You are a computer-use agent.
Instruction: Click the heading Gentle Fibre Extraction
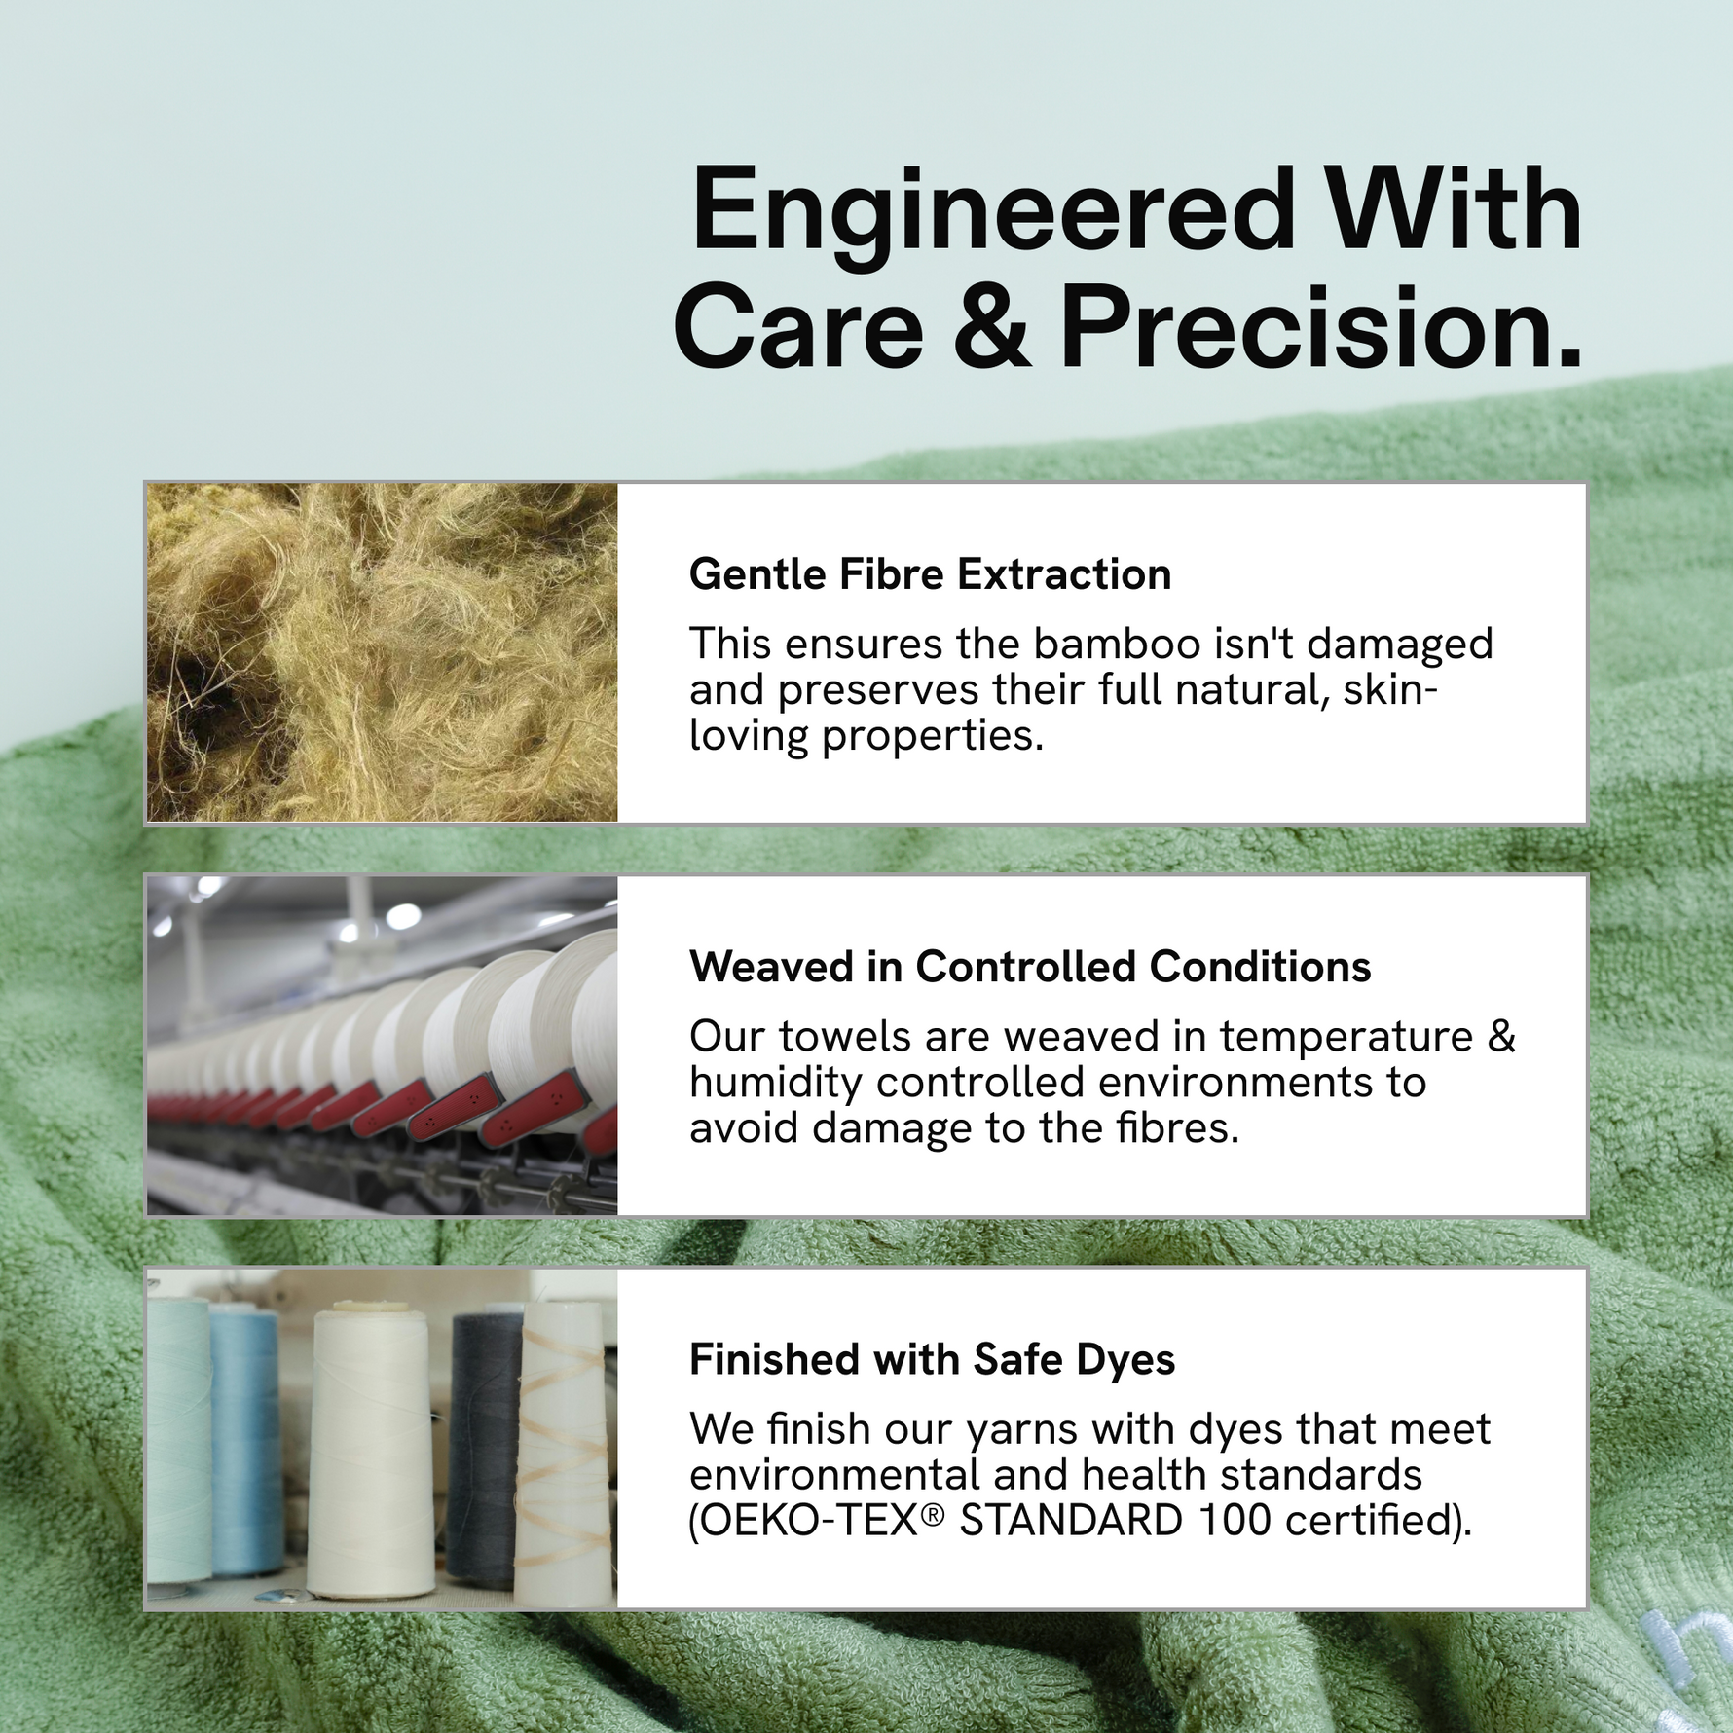click(x=930, y=574)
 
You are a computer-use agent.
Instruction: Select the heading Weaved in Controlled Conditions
click(x=1030, y=967)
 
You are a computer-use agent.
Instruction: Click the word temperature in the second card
click(x=1346, y=1037)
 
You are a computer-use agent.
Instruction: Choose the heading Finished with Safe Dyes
click(x=932, y=1359)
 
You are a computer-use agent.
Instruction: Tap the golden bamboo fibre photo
click(x=382, y=652)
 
